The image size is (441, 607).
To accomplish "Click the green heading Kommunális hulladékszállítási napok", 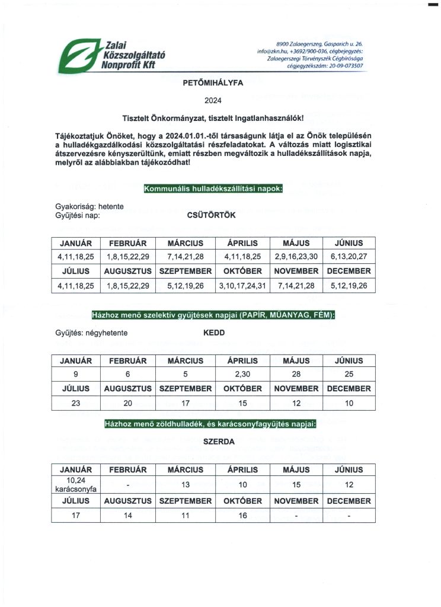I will point(213,189).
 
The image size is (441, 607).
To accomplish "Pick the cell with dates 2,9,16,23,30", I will point(296,257).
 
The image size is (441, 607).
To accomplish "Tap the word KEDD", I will point(213,333).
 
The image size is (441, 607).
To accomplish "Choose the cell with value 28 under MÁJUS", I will point(296,374).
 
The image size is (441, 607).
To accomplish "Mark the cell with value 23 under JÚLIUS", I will point(75,402).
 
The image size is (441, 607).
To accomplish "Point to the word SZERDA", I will point(219,442).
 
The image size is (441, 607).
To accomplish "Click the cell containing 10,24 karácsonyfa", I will point(75,484).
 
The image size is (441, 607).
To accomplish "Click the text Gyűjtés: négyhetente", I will point(91,333).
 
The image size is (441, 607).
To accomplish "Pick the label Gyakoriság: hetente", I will point(89,207).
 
